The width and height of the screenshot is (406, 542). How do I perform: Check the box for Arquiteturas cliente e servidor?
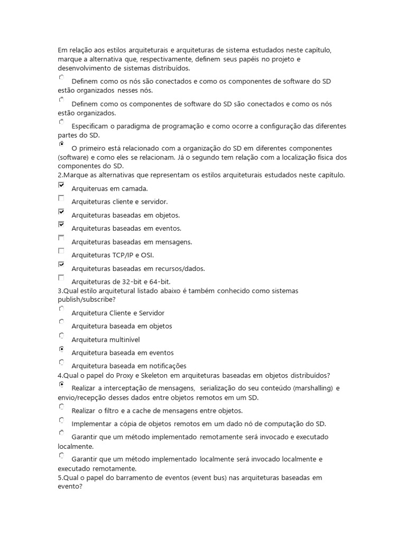61,198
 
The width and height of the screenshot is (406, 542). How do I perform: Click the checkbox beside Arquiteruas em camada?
61,185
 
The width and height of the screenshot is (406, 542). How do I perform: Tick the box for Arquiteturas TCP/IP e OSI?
61,251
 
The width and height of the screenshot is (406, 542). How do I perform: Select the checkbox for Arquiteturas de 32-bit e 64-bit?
61,278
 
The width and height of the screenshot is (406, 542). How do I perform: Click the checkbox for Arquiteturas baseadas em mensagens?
61,238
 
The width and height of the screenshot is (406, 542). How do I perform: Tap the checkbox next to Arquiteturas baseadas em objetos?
61,212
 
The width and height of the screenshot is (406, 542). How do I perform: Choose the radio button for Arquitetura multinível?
61,336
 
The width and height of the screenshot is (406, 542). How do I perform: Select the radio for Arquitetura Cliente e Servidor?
61,309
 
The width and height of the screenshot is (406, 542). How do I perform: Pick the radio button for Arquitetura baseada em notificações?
61,363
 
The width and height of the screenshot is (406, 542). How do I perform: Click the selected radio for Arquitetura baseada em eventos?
61,349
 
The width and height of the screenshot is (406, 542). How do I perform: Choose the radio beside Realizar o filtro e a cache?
61,407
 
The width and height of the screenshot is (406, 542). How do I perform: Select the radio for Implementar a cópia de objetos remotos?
61,420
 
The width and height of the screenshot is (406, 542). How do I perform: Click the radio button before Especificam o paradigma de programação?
61,122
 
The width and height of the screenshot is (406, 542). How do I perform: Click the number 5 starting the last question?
60,477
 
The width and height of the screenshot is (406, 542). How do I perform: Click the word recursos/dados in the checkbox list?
181,268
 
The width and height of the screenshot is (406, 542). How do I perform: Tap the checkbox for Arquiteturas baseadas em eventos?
61,225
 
